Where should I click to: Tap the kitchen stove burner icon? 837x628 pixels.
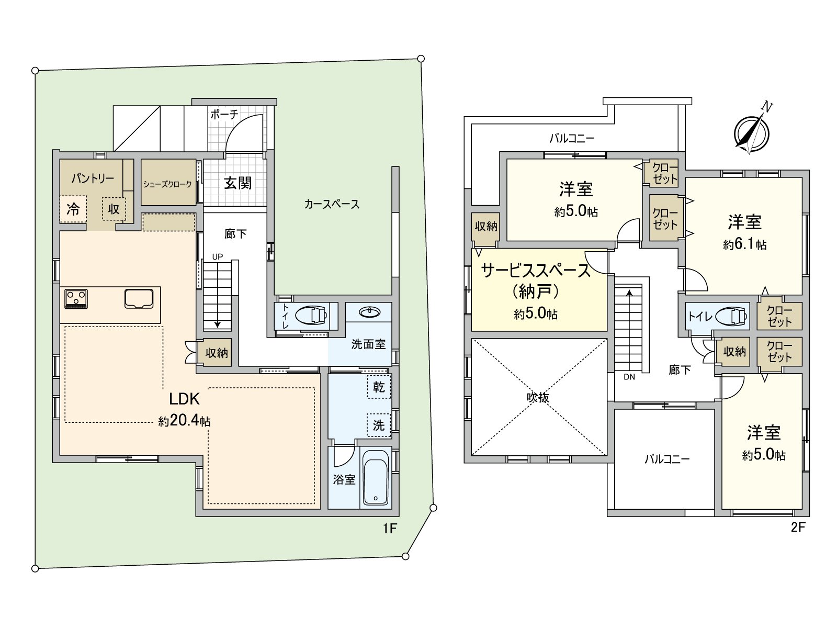[76, 299]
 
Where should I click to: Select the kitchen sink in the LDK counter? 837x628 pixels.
[139, 298]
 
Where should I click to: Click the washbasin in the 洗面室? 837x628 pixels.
[369, 312]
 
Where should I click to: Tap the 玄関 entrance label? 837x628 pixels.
[237, 183]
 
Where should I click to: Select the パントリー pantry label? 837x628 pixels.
[93, 178]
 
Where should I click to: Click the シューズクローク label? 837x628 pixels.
[168, 184]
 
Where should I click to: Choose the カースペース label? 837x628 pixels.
[332, 205]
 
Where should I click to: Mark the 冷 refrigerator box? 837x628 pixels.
[73, 209]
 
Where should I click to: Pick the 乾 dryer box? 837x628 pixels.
[379, 387]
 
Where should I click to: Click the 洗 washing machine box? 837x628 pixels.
[379, 425]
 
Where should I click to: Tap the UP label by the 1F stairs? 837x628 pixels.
[217, 256]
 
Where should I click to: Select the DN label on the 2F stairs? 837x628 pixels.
[629, 377]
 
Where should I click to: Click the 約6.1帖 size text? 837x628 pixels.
[744, 244]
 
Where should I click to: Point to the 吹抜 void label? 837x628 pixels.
[538, 398]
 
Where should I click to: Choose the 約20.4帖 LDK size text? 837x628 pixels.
[184, 421]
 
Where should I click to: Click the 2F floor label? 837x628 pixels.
[798, 528]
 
